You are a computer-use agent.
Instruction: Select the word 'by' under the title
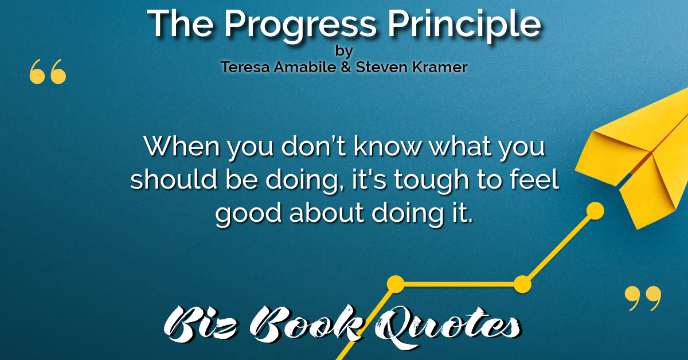(344, 51)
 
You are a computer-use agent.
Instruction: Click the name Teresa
(245, 67)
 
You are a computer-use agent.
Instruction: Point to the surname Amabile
(304, 67)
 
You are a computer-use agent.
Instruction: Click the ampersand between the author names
(346, 67)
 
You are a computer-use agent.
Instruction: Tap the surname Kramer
(439, 67)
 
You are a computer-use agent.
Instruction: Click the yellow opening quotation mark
(48, 72)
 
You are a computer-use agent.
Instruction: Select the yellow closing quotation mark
(643, 298)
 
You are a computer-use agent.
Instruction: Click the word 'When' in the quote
(182, 146)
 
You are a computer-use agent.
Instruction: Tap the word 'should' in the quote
(174, 179)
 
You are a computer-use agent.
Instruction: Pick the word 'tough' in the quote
(432, 181)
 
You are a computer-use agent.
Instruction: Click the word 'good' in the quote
(248, 214)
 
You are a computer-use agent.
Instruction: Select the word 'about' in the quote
(327, 212)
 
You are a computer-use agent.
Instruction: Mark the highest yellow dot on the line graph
(595, 211)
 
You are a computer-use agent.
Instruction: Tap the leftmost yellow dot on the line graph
(396, 284)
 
